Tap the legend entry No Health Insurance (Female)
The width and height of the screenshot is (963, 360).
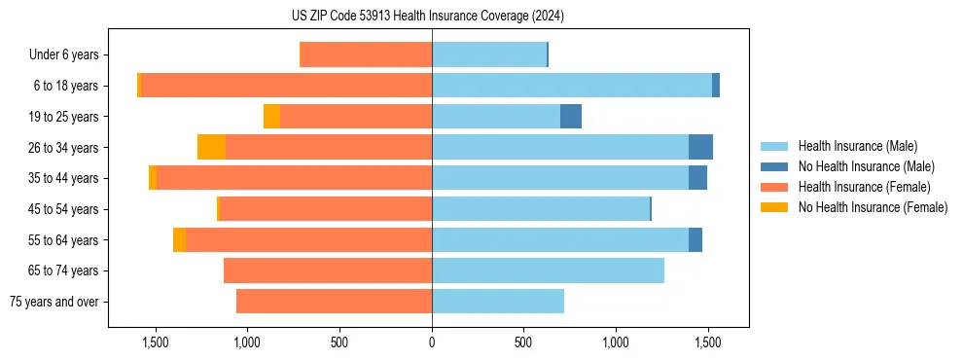(872, 207)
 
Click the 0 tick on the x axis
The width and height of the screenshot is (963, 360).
(432, 342)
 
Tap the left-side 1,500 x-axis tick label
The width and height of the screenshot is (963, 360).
(156, 342)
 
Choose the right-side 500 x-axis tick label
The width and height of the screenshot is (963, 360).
(523, 342)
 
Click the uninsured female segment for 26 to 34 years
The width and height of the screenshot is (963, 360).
(211, 147)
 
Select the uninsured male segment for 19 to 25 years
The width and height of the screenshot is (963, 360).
(571, 117)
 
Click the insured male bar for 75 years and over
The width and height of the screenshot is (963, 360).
(498, 302)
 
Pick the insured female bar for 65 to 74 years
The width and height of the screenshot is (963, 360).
(328, 270)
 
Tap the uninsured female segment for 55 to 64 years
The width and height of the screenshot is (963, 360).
(179, 239)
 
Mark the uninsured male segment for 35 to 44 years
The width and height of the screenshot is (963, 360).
(697, 178)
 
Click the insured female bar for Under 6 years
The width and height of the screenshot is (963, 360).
(366, 55)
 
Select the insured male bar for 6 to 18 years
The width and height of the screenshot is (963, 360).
(572, 86)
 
